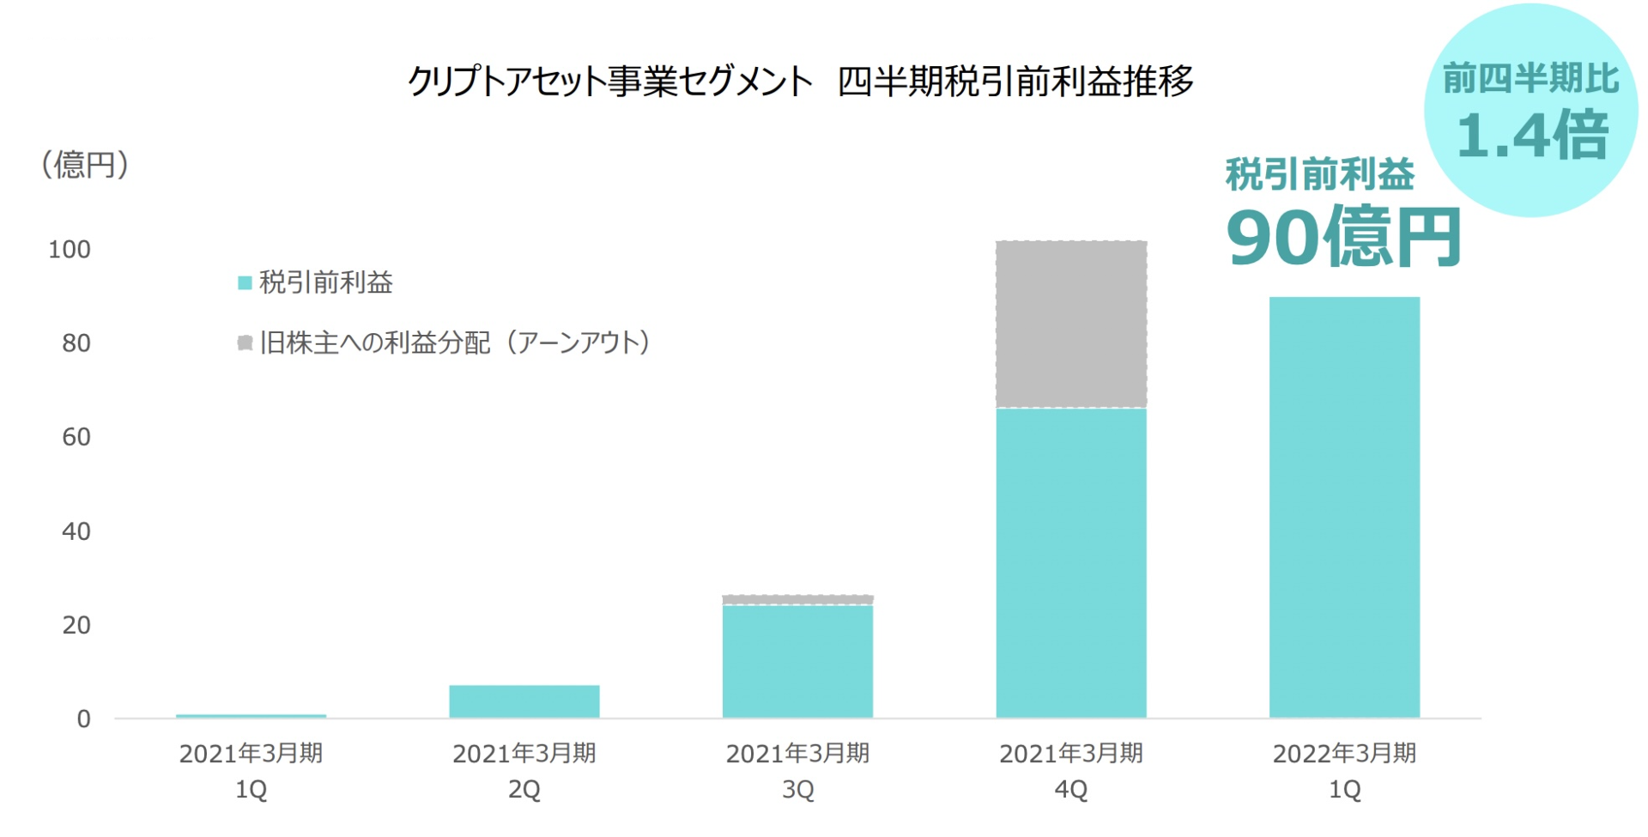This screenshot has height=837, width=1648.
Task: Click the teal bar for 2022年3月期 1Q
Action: (1344, 506)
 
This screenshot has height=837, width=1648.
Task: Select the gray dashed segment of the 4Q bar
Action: (1070, 324)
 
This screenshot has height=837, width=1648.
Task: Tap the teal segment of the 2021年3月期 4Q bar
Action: (1070, 562)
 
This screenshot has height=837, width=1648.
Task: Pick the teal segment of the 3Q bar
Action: (797, 661)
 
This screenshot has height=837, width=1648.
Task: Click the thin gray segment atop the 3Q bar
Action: (797, 599)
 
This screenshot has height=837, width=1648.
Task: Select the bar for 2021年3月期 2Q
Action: (524, 701)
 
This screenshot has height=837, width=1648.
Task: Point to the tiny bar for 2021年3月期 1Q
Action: (251, 715)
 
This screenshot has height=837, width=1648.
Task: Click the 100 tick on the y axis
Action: (69, 250)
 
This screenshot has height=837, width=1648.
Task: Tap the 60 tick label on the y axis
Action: (76, 437)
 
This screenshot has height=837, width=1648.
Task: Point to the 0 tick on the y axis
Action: (83, 719)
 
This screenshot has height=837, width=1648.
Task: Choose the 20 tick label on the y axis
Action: (76, 625)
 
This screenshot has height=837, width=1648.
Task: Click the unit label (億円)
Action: (84, 165)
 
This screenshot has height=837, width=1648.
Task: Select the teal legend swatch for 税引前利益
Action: (245, 282)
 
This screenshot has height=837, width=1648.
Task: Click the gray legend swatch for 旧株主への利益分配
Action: (245, 343)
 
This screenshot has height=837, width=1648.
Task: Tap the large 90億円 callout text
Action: (1343, 238)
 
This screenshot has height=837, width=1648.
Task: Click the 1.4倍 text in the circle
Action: (1532, 136)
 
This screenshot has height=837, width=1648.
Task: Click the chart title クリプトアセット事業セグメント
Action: (609, 82)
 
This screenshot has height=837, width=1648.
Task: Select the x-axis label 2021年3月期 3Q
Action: (797, 770)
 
